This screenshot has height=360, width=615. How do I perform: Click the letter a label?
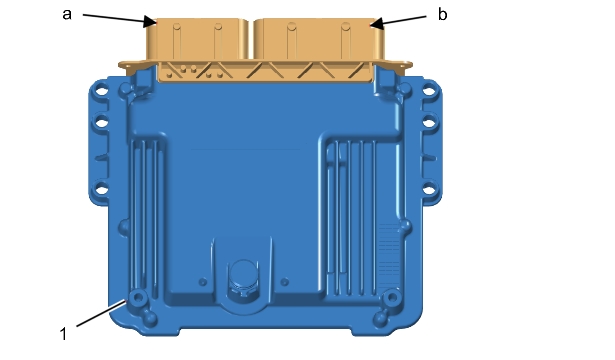[67, 15]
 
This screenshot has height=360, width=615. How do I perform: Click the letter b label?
[442, 15]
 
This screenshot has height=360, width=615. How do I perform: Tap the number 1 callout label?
[63, 335]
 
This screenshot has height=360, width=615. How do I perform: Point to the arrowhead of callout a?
[150, 22]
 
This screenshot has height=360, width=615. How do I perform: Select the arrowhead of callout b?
[377, 24]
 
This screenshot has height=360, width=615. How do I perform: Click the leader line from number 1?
[102, 313]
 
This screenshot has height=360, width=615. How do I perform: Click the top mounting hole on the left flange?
[102, 91]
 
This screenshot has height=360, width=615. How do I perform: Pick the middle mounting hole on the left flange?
[102, 123]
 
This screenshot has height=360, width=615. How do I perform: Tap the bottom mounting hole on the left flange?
[102, 191]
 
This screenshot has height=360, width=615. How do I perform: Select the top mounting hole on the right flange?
[429, 91]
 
